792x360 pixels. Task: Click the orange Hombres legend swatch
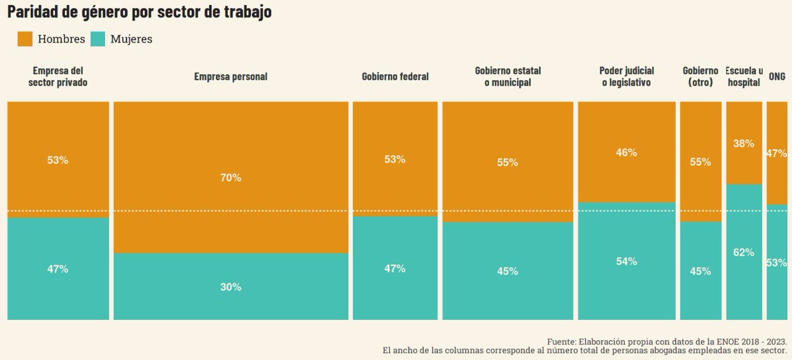[25, 39]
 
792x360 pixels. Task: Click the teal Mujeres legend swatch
[98, 39]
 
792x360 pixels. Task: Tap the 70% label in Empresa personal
[231, 178]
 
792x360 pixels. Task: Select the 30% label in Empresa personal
[231, 287]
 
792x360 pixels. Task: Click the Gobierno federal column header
[395, 77]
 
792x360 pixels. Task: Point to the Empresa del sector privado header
[58, 77]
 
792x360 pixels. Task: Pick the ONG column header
[777, 77]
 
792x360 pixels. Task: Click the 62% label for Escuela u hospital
[744, 252]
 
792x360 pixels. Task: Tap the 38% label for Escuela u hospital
[744, 144]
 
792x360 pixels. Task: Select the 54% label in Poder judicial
[626, 262]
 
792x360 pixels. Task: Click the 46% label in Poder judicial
[626, 152]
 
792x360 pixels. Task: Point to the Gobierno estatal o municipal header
[507, 77]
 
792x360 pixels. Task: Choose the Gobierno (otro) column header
[700, 77]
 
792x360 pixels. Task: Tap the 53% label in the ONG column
[777, 263]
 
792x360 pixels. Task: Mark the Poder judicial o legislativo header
[626, 77]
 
